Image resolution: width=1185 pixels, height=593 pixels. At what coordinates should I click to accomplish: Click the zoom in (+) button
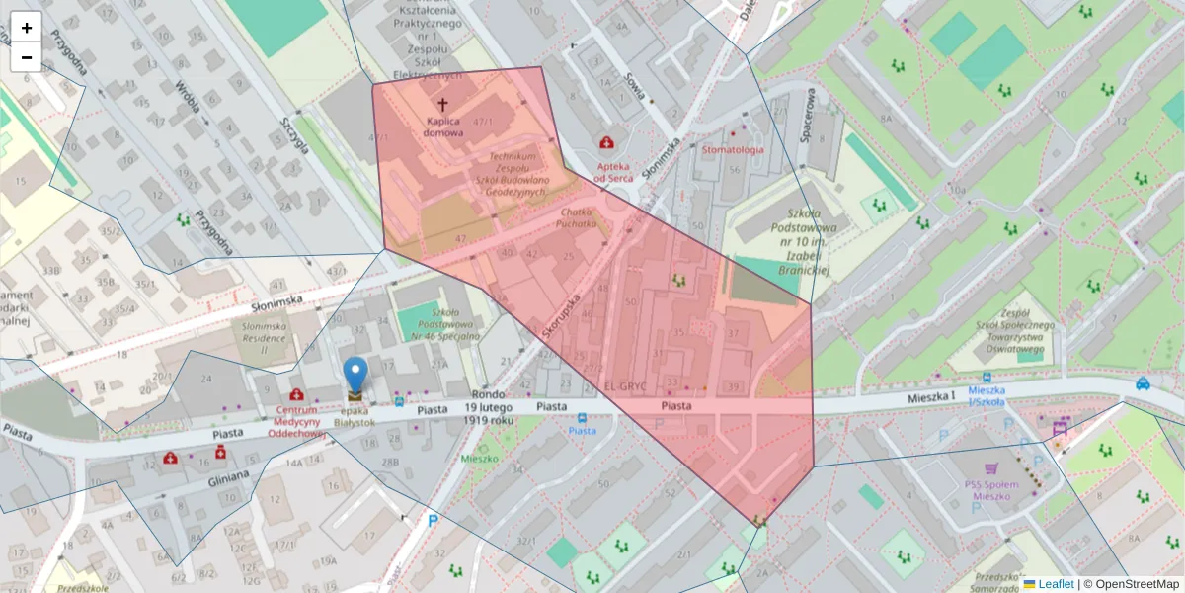[x=26, y=28]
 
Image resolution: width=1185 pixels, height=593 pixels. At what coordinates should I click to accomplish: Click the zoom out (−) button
[x=26, y=57]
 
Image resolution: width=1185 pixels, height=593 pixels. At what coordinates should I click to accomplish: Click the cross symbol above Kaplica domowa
[x=442, y=104]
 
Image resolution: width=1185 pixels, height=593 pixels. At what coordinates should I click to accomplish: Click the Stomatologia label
[x=733, y=150]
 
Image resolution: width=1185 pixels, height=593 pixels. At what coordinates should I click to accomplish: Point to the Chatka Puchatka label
[x=578, y=217]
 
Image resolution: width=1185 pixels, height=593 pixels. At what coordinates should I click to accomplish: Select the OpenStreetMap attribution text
[x=1136, y=584]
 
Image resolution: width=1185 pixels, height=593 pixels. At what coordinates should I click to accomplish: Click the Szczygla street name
[x=294, y=135]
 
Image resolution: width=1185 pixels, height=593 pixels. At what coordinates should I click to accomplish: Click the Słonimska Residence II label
[x=264, y=337]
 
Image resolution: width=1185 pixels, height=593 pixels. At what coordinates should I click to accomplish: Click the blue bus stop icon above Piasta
[x=582, y=417]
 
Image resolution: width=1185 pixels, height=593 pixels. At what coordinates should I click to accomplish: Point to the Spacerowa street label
[x=809, y=115]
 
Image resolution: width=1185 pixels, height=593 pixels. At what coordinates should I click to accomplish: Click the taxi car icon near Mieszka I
[x=1143, y=383]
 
